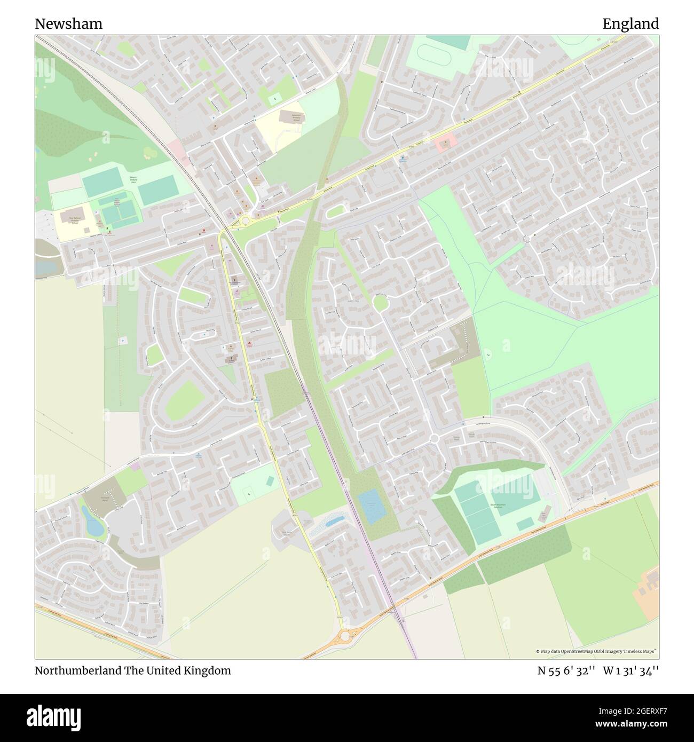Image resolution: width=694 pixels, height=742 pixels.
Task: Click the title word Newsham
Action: (x=69, y=24)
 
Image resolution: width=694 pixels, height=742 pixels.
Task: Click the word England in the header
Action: (x=630, y=24)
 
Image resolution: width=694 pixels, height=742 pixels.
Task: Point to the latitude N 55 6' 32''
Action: (x=566, y=671)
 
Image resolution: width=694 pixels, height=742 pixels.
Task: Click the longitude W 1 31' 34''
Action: (x=630, y=671)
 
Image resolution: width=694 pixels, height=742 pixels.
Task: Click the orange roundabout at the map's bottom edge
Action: (x=345, y=636)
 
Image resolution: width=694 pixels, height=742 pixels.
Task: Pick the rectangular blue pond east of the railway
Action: (x=372, y=506)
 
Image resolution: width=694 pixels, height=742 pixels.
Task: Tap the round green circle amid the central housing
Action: (x=380, y=303)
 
